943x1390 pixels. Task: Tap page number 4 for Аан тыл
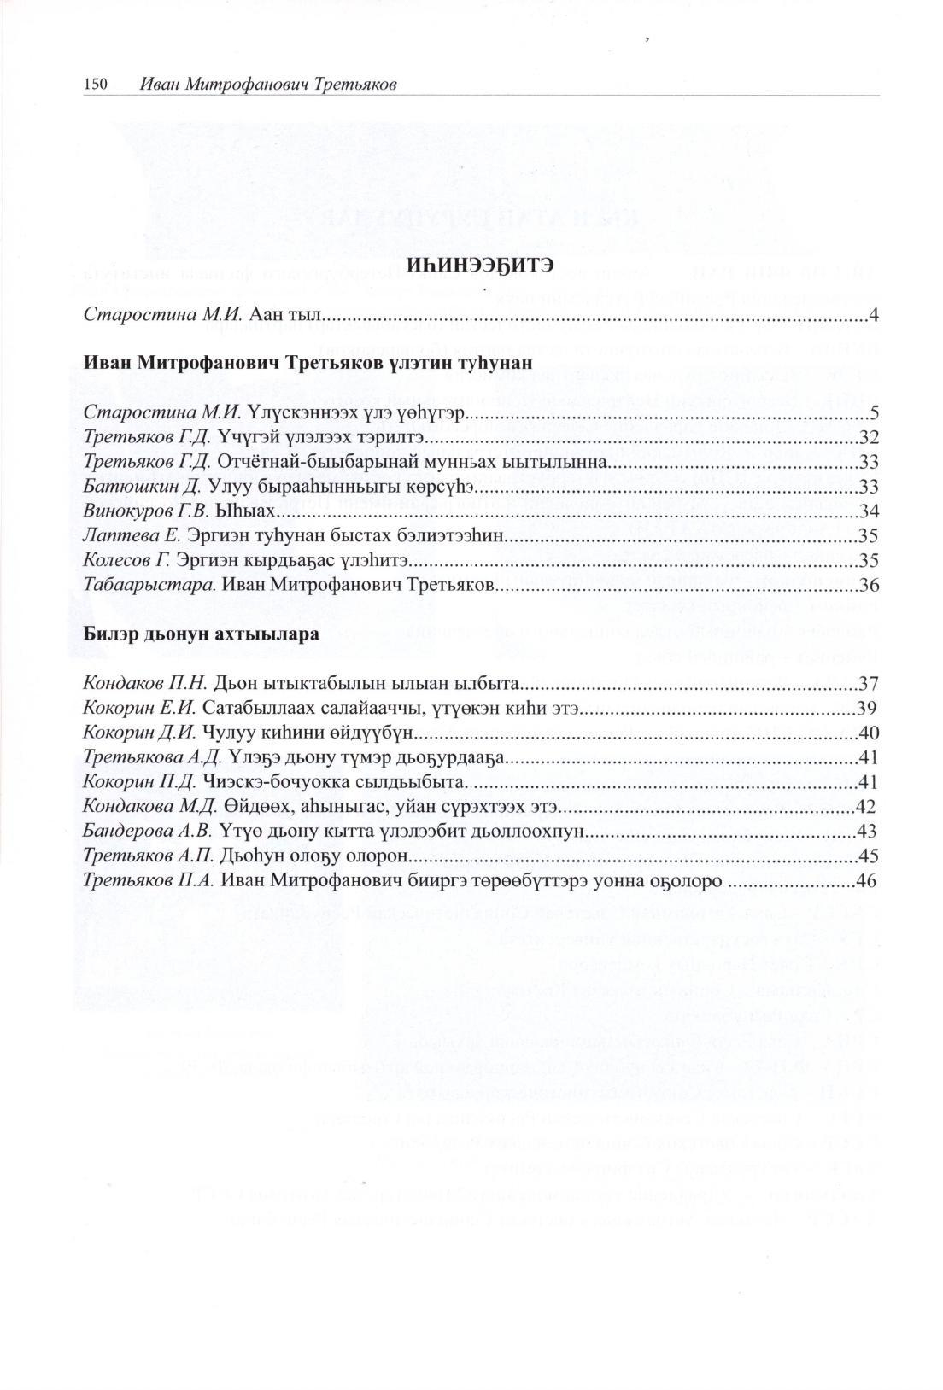[x=874, y=317]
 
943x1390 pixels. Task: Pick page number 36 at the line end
[x=870, y=586]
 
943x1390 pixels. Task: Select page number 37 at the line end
[x=870, y=684]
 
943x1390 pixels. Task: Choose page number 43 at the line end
[x=870, y=831]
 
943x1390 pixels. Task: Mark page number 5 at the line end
[x=874, y=414]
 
